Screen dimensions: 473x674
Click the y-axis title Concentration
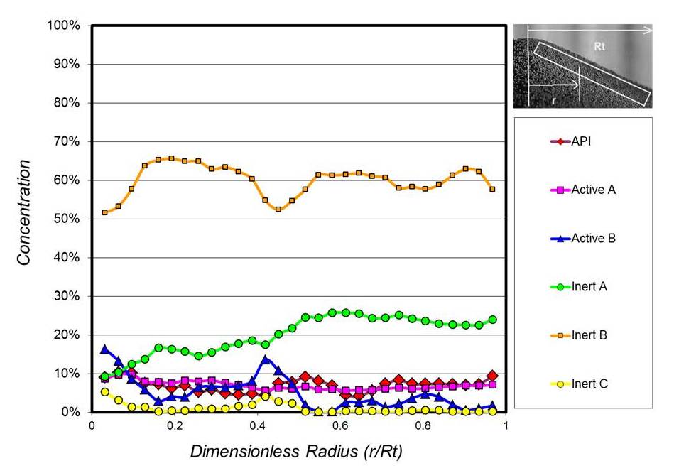tap(24, 213)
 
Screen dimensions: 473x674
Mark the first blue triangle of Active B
tap(105, 349)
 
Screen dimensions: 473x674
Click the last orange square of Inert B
tap(492, 189)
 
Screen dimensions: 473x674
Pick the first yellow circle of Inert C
tap(105, 391)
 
